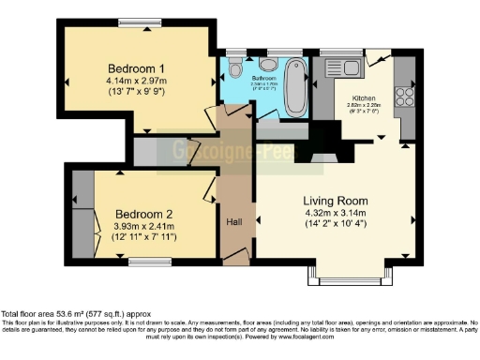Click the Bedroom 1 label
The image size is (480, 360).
click(x=137, y=68)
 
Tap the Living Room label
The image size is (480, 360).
click(x=334, y=201)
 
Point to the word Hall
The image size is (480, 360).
click(x=235, y=222)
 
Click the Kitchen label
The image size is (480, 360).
click(x=364, y=97)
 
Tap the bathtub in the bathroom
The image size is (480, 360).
click(x=295, y=86)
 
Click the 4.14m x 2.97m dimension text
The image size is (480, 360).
click(x=137, y=82)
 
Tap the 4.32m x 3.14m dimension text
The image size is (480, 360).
click(x=334, y=215)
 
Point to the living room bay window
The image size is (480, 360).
click(x=348, y=279)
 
